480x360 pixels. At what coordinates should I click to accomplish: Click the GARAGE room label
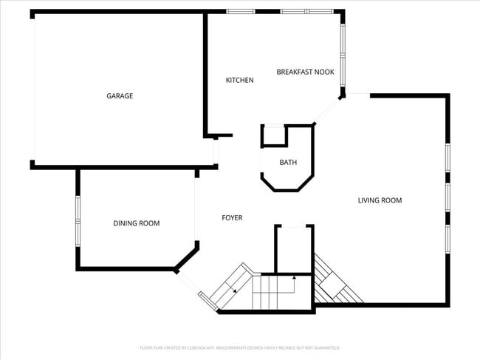(120, 95)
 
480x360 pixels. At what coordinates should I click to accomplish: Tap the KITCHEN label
(239, 80)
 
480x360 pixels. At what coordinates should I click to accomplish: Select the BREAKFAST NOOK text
(305, 72)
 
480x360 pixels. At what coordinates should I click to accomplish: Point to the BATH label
(288, 162)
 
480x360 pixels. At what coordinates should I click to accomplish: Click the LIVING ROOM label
(380, 200)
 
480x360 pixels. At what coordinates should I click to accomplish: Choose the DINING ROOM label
(136, 223)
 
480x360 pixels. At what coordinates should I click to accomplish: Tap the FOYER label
(232, 218)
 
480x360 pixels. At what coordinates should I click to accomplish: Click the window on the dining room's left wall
(78, 220)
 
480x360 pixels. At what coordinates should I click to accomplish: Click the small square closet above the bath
(274, 135)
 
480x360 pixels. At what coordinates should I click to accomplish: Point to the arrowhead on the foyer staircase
(295, 277)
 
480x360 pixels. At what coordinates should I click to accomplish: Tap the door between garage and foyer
(216, 152)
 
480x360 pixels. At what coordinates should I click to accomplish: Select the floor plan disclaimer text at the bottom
(239, 347)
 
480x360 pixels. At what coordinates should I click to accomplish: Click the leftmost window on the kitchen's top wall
(240, 11)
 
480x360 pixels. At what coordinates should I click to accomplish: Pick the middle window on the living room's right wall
(447, 197)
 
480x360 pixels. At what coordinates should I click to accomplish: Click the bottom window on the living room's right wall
(447, 238)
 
